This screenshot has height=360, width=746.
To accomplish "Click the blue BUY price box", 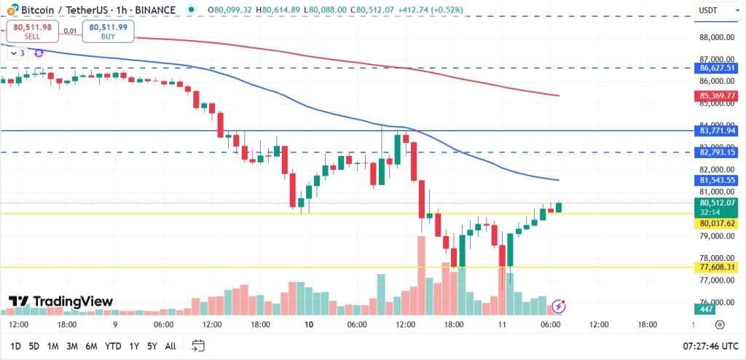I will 109,31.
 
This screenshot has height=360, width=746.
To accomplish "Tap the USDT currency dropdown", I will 711,10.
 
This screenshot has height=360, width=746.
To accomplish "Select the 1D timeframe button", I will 15,345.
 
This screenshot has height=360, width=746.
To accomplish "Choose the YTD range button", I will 113,345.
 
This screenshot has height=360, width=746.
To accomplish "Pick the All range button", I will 170,345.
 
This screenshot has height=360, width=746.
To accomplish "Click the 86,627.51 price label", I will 717,68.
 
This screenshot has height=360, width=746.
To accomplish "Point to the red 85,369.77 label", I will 717,95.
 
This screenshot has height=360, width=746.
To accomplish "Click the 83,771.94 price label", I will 717,130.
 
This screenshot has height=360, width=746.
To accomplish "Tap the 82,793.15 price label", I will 717,152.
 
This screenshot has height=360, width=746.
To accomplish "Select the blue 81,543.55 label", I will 717,180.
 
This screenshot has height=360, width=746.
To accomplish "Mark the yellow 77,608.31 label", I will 717,268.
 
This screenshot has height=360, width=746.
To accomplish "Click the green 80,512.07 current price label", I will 717,203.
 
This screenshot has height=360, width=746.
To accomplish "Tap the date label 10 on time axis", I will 309,324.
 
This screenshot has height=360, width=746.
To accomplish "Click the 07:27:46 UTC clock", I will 709,345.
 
